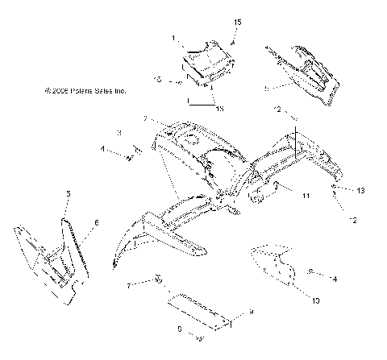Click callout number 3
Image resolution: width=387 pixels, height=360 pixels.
tap(119, 133)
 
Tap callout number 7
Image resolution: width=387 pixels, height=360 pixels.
tap(128, 285)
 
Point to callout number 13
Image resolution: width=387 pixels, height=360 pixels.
tap(361, 190)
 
